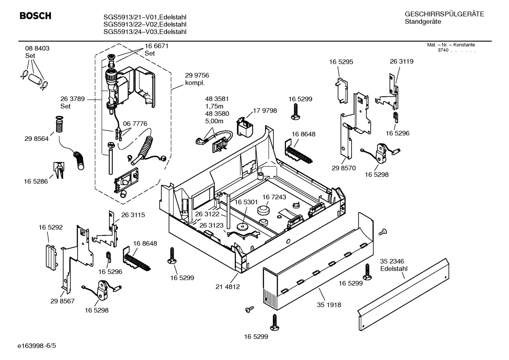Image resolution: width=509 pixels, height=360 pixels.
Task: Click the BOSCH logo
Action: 35,16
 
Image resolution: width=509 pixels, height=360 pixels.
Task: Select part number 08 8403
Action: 37,48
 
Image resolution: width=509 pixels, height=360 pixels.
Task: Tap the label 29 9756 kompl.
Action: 197,79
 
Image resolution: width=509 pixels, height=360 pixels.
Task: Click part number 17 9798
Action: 265,111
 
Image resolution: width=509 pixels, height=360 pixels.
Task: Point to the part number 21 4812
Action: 228,287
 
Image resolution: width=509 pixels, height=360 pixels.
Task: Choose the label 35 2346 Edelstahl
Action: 394,265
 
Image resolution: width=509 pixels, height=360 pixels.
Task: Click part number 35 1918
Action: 329,305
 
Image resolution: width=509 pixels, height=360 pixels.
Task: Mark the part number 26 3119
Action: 401,61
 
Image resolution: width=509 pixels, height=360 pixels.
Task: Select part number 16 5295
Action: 341,61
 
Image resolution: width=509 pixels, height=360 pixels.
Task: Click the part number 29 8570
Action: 344,168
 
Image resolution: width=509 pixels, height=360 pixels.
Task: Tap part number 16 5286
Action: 36,181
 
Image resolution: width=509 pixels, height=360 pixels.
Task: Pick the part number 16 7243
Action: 274,197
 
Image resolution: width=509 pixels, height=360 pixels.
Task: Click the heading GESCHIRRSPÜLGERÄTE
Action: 444,14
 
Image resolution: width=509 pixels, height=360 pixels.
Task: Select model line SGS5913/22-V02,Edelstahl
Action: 145,24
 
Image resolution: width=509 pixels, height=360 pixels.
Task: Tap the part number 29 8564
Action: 36,139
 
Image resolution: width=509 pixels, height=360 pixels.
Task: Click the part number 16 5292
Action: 50,227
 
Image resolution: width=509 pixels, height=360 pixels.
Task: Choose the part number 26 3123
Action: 211,225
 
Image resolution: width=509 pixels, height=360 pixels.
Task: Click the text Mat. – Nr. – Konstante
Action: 451,45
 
